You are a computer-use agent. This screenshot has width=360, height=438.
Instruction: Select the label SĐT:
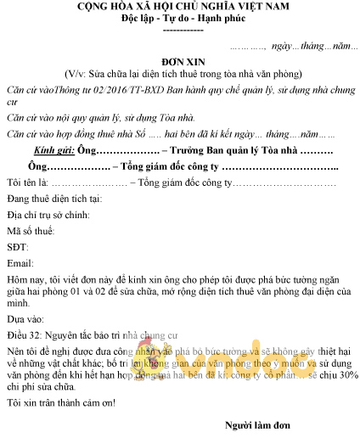pyautogui.click(x=18, y=246)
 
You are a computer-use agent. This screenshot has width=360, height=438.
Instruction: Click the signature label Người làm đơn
pyautogui.click(x=258, y=424)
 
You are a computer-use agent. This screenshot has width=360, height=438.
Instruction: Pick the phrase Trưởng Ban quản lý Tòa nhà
pyautogui.click(x=198, y=150)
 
